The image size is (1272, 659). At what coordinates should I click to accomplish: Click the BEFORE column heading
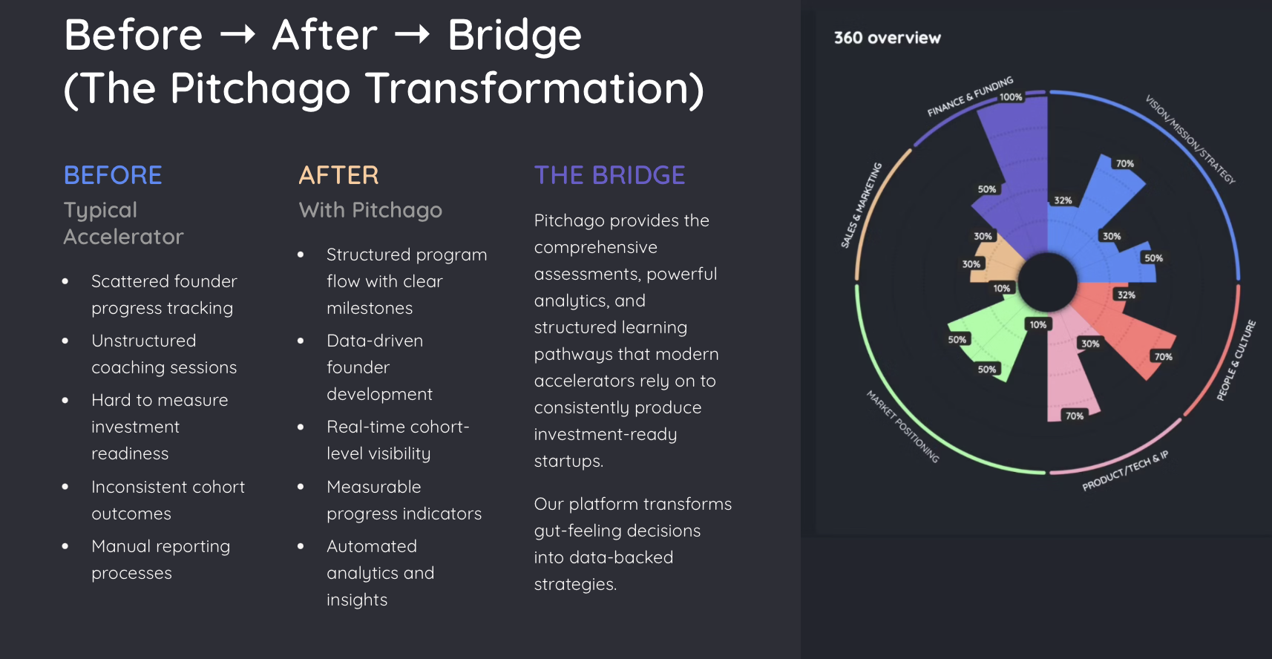click(113, 175)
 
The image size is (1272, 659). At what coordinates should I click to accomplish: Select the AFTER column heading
click(338, 175)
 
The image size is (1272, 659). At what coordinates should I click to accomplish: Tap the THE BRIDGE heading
click(609, 175)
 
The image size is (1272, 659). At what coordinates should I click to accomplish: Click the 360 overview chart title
click(887, 38)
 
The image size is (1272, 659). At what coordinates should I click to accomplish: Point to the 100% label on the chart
click(1011, 97)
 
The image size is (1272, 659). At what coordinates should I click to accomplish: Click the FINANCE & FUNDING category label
click(969, 96)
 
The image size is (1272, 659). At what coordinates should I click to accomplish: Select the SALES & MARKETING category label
click(861, 205)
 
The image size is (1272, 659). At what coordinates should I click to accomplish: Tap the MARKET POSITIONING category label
click(903, 427)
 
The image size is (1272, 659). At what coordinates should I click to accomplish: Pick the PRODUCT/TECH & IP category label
click(1125, 471)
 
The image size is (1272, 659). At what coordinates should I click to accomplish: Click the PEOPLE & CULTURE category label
click(1236, 360)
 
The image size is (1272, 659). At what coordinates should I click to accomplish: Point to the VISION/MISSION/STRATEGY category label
click(1190, 139)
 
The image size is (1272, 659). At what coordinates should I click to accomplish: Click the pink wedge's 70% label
click(1075, 416)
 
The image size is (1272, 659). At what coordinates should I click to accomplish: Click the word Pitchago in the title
click(260, 88)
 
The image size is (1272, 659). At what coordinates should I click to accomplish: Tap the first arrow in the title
click(237, 35)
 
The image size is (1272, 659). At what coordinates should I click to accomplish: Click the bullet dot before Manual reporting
click(65, 546)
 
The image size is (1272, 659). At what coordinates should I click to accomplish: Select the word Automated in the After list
click(372, 546)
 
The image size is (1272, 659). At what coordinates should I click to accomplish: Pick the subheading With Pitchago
click(370, 210)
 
